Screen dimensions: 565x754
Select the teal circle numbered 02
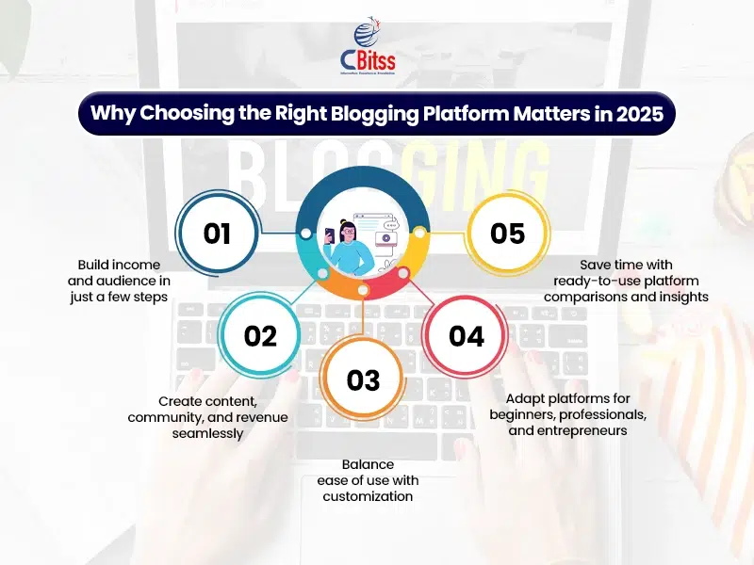[x=260, y=335]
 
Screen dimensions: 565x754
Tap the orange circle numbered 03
[x=363, y=379]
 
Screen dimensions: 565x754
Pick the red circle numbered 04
[x=466, y=335]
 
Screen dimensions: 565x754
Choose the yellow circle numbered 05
[x=508, y=233]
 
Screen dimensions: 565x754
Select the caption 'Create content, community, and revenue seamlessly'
[x=208, y=417]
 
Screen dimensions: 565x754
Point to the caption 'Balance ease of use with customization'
[x=363, y=480]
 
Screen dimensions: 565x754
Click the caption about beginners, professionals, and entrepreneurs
[x=567, y=415]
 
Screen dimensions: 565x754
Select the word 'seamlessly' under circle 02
[x=207, y=433]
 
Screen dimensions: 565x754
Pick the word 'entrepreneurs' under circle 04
[x=567, y=431]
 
